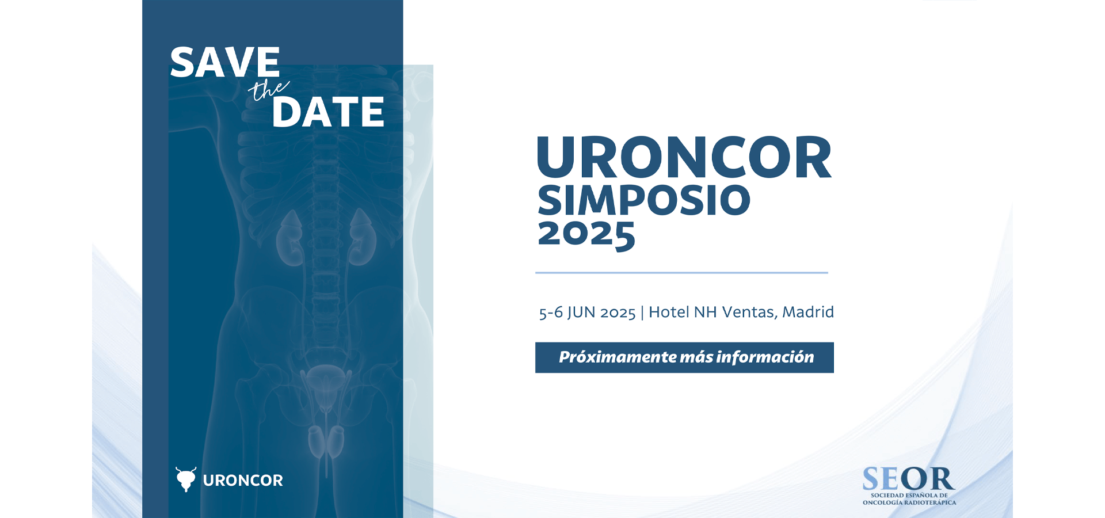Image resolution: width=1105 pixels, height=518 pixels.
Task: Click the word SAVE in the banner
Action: (225, 62)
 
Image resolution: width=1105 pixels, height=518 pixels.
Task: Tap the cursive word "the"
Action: (268, 90)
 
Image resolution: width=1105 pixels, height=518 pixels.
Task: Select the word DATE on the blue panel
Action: (328, 112)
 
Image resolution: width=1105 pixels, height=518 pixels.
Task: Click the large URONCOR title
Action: (684, 157)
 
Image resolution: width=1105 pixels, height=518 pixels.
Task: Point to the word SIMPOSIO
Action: (644, 200)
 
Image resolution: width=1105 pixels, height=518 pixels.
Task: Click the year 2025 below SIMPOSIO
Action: (586, 235)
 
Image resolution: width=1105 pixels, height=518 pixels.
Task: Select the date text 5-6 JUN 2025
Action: (587, 313)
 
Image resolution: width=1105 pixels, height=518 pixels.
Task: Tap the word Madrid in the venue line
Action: (808, 312)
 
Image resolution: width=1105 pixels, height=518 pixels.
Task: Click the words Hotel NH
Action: (683, 312)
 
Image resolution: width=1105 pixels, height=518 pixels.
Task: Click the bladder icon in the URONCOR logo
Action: (186, 479)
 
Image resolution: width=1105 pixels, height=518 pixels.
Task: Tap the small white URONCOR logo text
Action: (243, 481)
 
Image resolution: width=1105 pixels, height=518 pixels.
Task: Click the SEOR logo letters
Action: (908, 479)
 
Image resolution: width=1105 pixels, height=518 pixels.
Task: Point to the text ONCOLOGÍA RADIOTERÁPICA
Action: (909, 502)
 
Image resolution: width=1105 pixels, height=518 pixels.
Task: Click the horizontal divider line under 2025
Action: (681, 273)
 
